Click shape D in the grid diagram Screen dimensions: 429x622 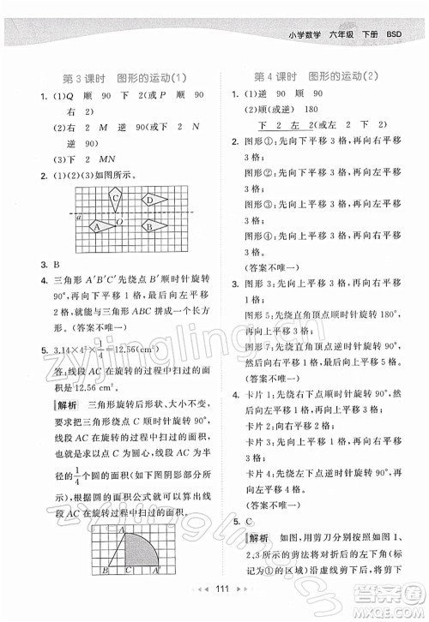(151, 201)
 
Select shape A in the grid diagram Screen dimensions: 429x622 (98, 227)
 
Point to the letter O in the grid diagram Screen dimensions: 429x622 (121, 222)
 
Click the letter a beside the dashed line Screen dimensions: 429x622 (78, 218)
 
